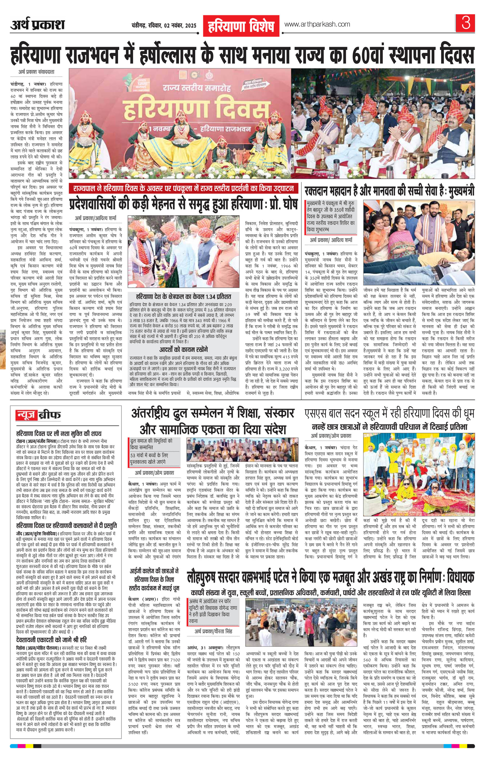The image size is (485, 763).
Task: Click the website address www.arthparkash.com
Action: (x=317, y=24)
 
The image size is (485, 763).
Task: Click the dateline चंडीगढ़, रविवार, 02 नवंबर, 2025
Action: (x=164, y=26)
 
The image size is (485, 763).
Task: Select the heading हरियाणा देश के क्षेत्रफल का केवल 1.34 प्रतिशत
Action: (x=183, y=297)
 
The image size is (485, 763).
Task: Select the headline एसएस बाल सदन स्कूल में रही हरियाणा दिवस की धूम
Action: (x=389, y=414)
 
